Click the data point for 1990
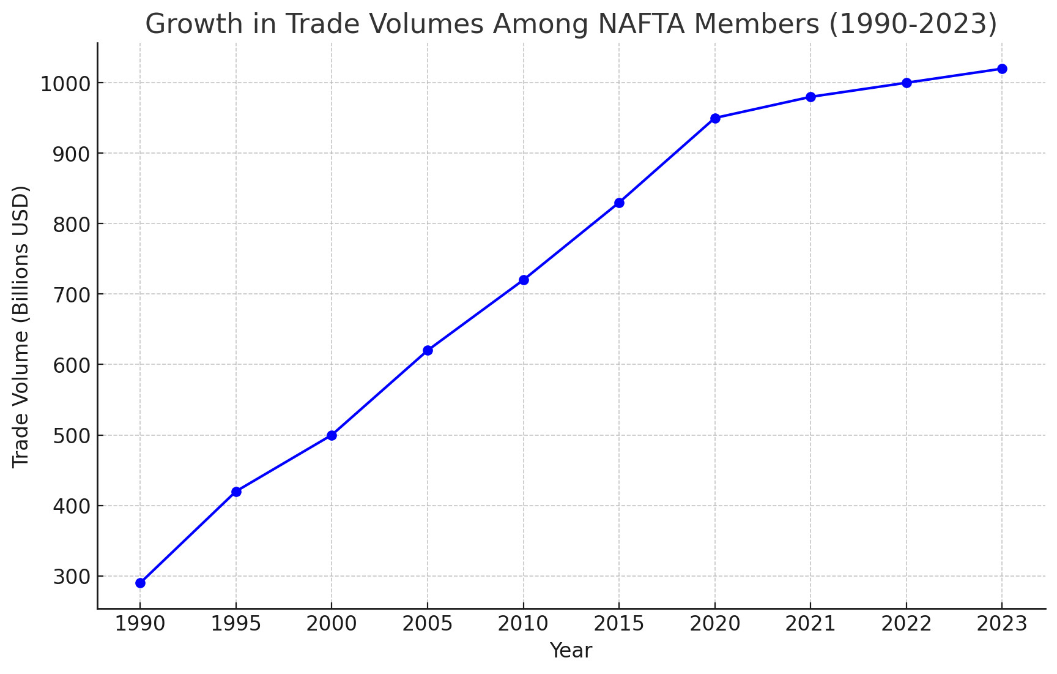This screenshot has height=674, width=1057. point(140,583)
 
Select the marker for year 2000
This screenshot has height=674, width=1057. point(332,435)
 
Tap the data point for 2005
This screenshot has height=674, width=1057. point(428,350)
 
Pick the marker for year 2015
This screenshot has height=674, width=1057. point(619,203)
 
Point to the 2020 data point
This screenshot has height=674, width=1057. point(715,118)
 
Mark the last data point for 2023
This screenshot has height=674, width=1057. point(1002,69)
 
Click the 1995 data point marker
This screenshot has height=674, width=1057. point(236,492)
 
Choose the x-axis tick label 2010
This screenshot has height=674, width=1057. point(524,624)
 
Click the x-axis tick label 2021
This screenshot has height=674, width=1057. point(810,624)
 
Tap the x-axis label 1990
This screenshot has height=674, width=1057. point(140,624)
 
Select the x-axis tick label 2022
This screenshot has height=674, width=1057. point(907,624)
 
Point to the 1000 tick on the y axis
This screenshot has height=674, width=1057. point(65,83)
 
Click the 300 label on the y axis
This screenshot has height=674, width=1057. point(71,577)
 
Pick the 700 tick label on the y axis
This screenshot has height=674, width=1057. point(71,294)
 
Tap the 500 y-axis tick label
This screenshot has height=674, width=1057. point(71,436)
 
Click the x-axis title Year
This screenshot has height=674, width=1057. point(571,651)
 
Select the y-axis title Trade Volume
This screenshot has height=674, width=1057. point(21,326)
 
